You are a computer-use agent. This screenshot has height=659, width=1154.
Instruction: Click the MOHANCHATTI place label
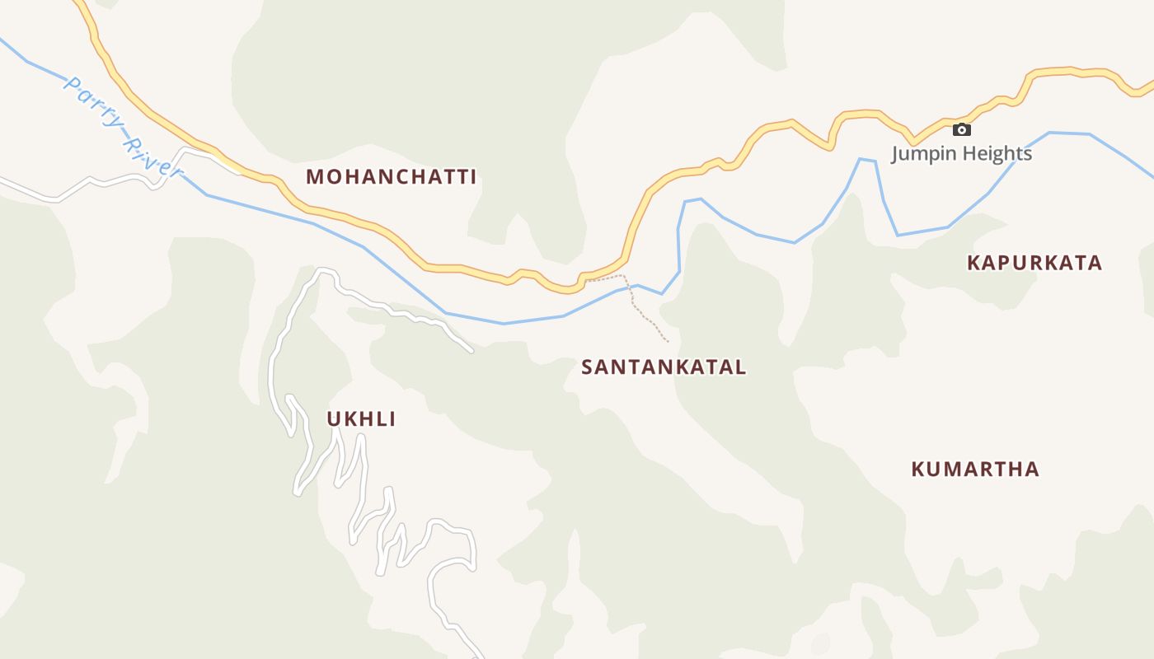click(x=392, y=176)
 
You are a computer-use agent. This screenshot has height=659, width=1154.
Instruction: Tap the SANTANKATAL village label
click(x=664, y=367)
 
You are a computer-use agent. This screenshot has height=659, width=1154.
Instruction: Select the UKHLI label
click(x=361, y=419)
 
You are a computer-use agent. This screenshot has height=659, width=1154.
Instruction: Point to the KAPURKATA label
click(x=1034, y=263)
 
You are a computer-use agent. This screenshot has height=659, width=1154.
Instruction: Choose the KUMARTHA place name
click(x=975, y=470)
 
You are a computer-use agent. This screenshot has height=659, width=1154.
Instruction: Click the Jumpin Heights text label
click(x=961, y=154)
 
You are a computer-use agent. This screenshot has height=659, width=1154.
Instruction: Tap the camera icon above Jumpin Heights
click(x=961, y=129)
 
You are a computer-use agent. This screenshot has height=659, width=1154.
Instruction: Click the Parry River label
click(x=122, y=126)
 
